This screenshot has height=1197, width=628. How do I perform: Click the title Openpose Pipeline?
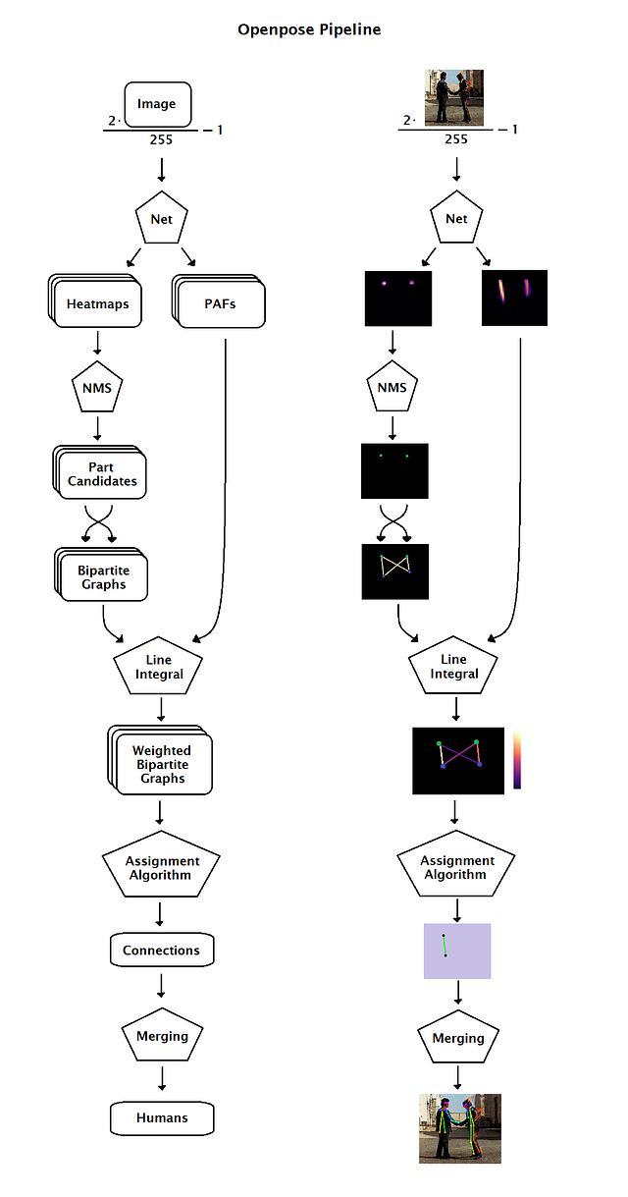[x=309, y=29]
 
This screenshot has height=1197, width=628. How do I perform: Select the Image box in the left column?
[x=157, y=104]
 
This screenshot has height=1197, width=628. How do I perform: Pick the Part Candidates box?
[x=101, y=474]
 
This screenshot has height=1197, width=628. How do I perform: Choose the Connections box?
[x=161, y=951]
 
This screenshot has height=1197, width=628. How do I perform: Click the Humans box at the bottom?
[x=162, y=1117]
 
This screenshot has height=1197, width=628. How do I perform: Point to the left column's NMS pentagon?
[x=97, y=389]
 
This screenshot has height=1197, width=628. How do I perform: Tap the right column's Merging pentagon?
[x=457, y=1038]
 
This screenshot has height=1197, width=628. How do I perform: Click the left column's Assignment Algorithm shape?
[x=162, y=867]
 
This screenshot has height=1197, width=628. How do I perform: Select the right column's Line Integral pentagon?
[x=454, y=667]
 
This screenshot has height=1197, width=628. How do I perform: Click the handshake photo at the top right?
[x=454, y=98]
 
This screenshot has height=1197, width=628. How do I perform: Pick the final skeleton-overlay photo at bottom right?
[x=459, y=1128]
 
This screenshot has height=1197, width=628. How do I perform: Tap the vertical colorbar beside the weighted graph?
[x=517, y=760]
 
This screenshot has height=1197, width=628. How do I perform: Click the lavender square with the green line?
[x=456, y=951]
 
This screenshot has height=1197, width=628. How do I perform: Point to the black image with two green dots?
[x=395, y=470]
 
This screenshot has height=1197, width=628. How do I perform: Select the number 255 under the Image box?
[x=161, y=139]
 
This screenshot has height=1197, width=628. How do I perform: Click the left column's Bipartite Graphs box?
[x=103, y=576]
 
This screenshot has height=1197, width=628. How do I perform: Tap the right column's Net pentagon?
[x=456, y=218]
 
